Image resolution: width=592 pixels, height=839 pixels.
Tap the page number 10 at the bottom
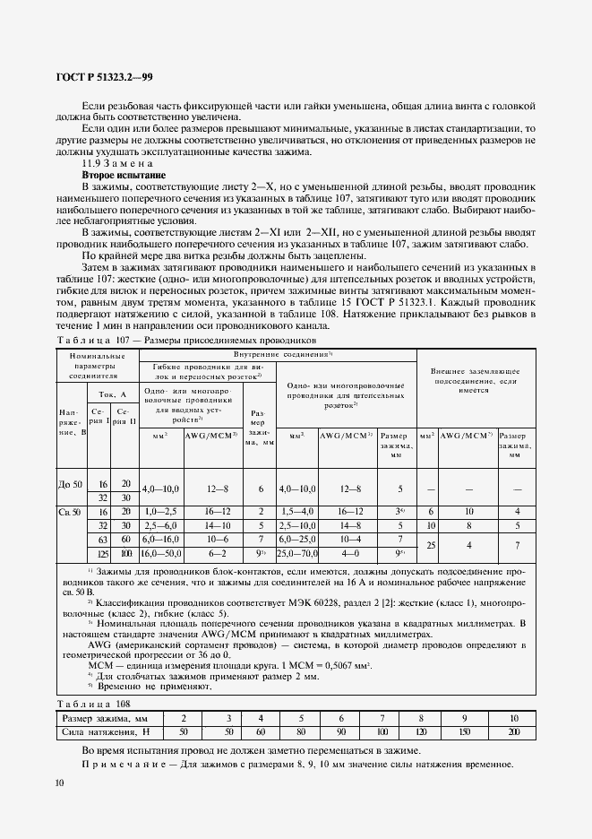click(59, 783)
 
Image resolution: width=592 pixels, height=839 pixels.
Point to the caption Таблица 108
click(92, 704)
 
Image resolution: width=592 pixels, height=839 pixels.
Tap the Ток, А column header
click(111, 393)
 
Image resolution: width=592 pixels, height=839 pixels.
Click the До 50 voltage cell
click(68, 484)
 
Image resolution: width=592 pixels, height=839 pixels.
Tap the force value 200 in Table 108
click(512, 731)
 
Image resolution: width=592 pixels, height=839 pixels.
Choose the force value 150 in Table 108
click(462, 731)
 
